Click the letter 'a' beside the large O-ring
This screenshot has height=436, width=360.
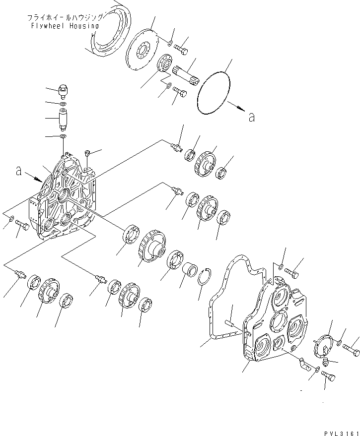coord(251,117)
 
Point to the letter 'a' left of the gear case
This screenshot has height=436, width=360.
coord(18,171)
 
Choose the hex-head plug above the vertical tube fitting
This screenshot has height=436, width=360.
coord(63,91)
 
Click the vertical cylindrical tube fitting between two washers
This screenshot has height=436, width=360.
coord(64,120)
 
